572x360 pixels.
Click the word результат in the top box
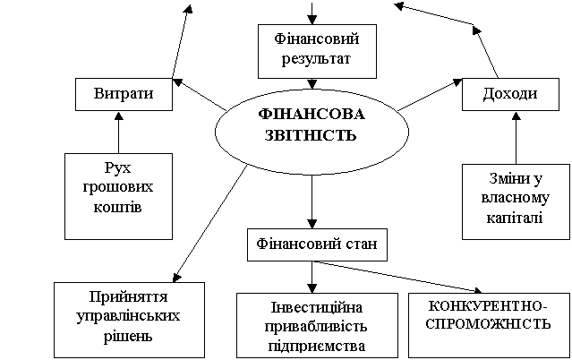coord(316,59)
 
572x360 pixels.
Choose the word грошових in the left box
coord(118,188)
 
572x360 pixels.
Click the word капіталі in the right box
coord(515,218)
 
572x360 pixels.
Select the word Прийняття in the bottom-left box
coord(128,297)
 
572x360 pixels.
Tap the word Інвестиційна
coord(317,307)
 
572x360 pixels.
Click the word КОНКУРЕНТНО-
coord(488,306)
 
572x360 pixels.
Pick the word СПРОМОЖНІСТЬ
coord(488,324)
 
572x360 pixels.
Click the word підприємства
coord(317,346)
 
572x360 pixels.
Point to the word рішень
coord(128,336)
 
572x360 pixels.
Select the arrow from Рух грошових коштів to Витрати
coord(118,133)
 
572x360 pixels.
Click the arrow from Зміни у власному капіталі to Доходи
coord(516,138)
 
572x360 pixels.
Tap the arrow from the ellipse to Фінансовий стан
coord(312,201)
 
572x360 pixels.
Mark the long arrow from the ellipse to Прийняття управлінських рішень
coord(210,224)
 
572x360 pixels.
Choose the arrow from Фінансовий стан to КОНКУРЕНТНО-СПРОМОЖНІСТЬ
coord(397,277)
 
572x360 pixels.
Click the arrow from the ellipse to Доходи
coord(430,94)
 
